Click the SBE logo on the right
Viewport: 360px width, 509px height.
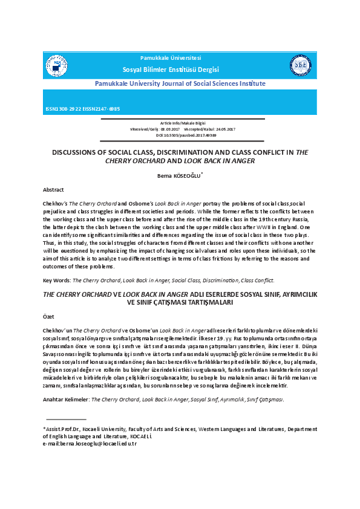pos(301,65)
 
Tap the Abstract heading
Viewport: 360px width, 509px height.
pos(53,190)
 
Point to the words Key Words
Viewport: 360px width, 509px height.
pos(56,280)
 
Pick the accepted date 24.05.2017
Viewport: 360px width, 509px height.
pos(221,129)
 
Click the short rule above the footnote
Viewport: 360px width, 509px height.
pos(66,419)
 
